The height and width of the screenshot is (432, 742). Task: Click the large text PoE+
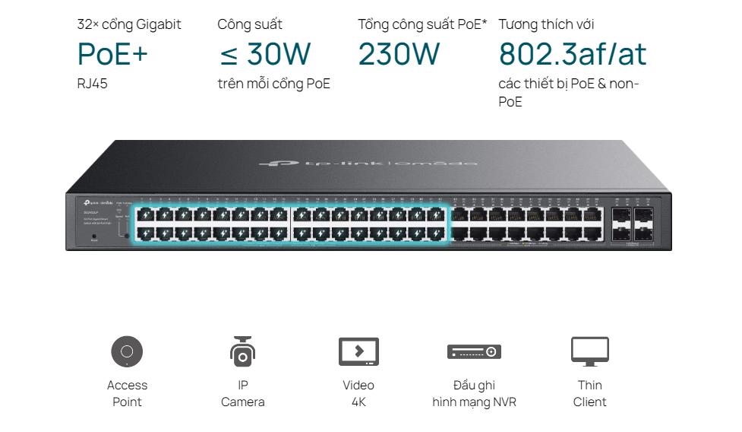112,55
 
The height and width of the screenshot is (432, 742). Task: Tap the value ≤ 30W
264,55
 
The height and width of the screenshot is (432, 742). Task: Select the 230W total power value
399,55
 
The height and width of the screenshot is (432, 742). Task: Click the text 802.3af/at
573,55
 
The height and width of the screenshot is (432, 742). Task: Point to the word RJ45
93,84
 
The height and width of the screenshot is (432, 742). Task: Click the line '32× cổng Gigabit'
129,24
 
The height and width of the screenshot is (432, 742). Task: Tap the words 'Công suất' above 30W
250,24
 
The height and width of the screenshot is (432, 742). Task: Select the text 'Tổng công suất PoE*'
422,24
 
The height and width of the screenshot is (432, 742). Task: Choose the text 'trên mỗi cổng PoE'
273,84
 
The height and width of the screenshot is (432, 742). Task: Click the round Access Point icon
127,351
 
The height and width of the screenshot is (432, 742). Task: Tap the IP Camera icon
242,351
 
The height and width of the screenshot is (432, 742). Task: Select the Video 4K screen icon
358,351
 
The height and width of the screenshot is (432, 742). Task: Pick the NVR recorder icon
474,351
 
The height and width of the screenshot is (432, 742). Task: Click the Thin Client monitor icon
590,351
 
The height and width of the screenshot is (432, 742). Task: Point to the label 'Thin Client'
590,393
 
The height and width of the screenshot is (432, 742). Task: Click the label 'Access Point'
127,393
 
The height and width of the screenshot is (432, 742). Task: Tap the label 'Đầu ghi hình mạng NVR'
474,393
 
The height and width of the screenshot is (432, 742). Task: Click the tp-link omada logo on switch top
368,163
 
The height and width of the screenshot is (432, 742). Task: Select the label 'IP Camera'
242,393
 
